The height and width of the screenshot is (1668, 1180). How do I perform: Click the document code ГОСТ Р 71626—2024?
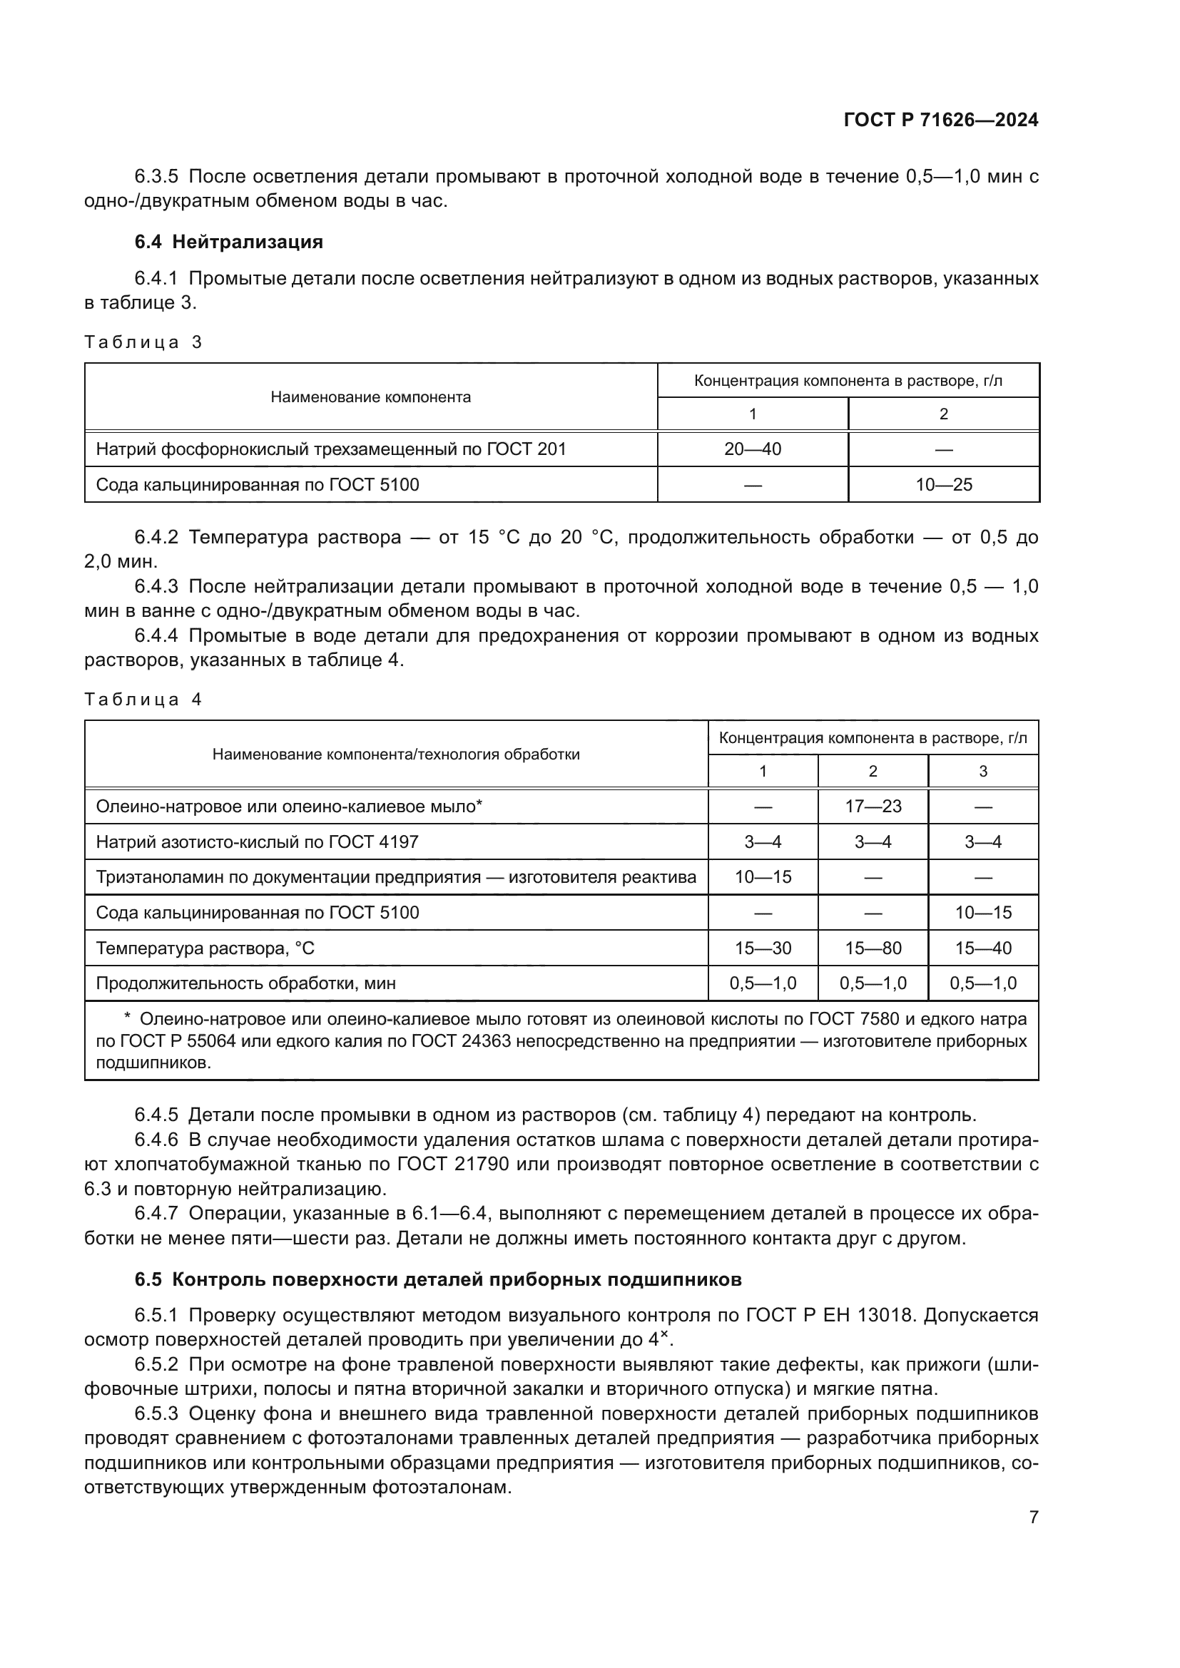pyautogui.click(x=940, y=121)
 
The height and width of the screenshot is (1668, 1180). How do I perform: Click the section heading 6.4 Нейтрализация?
pyautogui.click(x=228, y=242)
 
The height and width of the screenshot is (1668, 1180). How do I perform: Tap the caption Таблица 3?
pyautogui.click(x=143, y=342)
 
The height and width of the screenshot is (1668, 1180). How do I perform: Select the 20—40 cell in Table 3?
pyautogui.click(x=752, y=449)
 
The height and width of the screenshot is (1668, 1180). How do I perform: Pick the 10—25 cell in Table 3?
pyautogui.click(x=943, y=484)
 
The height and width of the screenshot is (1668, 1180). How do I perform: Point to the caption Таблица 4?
pyautogui.click(x=143, y=700)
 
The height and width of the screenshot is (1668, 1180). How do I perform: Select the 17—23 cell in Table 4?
pyautogui.click(x=873, y=806)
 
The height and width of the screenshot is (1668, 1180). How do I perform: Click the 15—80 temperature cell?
pyautogui.click(x=873, y=948)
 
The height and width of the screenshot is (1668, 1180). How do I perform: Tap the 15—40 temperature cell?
pyautogui.click(x=982, y=948)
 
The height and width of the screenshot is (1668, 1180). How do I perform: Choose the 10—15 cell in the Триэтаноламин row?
pyautogui.click(x=762, y=877)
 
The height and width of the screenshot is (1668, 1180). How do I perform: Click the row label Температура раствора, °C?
pyautogui.click(x=205, y=948)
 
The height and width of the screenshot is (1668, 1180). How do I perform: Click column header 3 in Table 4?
pyautogui.click(x=982, y=772)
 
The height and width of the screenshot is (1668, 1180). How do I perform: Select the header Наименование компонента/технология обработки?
pyautogui.click(x=396, y=754)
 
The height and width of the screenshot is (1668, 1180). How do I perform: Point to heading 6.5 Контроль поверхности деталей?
pyautogui.click(x=438, y=1280)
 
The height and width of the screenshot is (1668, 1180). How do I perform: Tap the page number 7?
pyautogui.click(x=1033, y=1518)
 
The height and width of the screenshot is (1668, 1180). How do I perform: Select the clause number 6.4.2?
pyautogui.click(x=156, y=538)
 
